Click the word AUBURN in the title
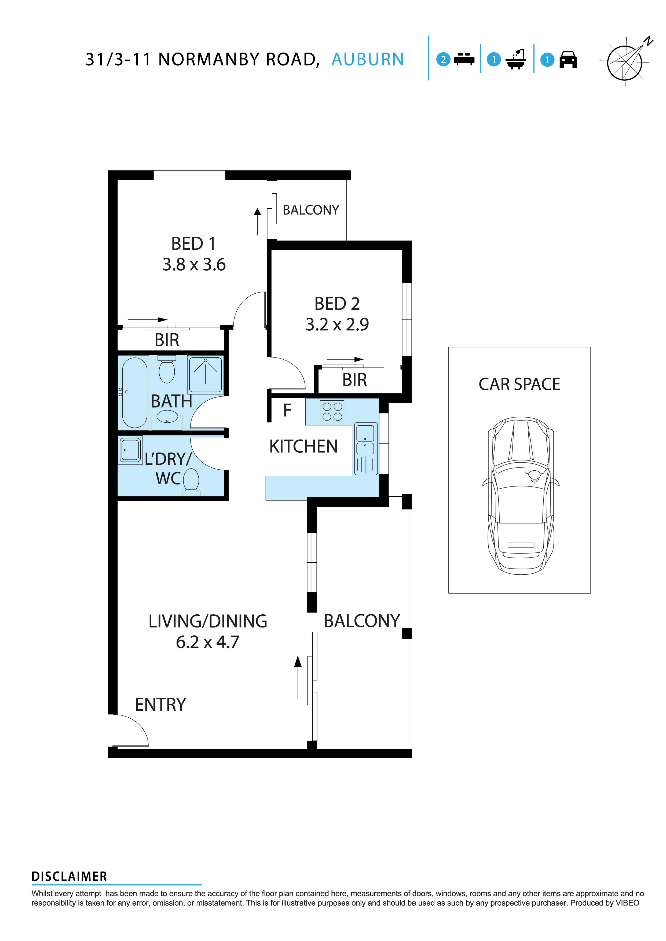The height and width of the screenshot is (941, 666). click(x=367, y=60)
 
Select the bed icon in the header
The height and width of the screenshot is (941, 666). click(x=464, y=60)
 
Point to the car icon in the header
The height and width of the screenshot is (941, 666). click(x=568, y=60)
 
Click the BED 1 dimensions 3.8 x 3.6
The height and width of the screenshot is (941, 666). click(x=194, y=264)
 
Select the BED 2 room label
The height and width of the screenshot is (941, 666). click(x=337, y=304)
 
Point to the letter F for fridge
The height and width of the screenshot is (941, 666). click(x=287, y=410)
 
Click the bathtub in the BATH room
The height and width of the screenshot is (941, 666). click(x=134, y=393)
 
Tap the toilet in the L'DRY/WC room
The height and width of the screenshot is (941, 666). click(x=191, y=481)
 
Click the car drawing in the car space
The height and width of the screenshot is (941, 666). click(x=520, y=496)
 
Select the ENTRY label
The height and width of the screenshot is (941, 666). click(x=160, y=705)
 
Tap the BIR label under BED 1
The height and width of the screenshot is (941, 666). click(x=167, y=340)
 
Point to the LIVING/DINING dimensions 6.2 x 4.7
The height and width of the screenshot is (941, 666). click(x=207, y=642)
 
